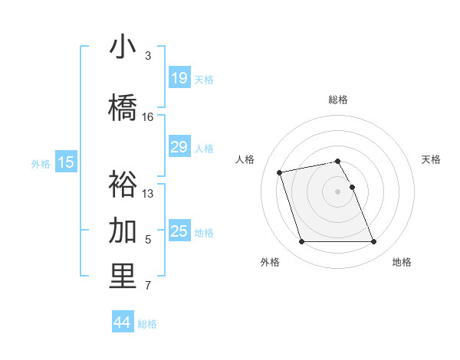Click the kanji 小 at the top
[123, 46]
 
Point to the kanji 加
[123, 230]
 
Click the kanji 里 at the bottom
[123, 277]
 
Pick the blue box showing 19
[179, 78]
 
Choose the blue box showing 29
[179, 147]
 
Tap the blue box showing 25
[179, 231]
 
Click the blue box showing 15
[66, 162]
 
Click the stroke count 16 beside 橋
[148, 117]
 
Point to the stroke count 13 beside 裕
[148, 194]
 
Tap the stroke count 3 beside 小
[148, 56]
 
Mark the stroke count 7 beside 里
[148, 286]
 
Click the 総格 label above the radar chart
[338, 100]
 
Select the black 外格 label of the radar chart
[270, 262]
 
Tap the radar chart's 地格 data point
[373, 242]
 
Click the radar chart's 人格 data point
[280, 172]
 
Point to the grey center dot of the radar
[338, 191]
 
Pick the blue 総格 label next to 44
[147, 324]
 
